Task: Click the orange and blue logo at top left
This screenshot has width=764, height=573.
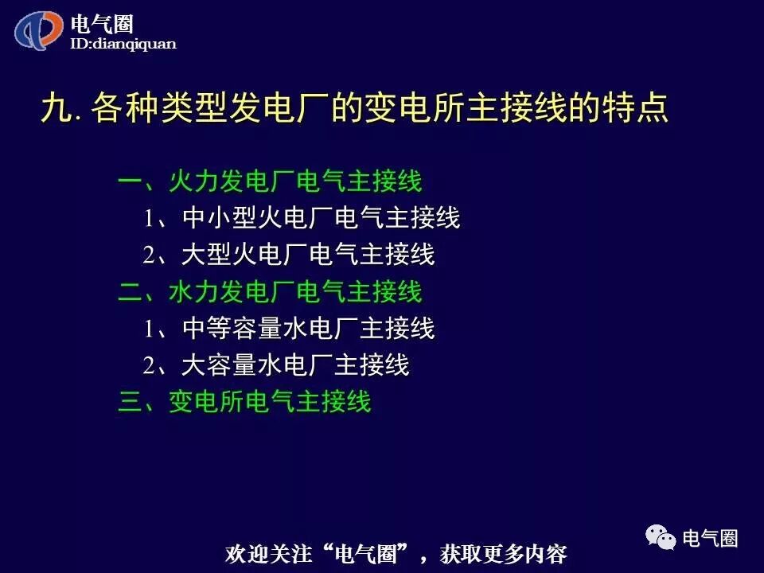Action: click(39, 31)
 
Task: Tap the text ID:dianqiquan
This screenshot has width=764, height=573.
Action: click(123, 45)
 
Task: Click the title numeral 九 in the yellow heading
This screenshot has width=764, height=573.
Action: click(55, 109)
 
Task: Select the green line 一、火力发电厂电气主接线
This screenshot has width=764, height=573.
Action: click(270, 181)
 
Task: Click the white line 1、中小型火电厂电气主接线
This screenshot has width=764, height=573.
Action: click(302, 218)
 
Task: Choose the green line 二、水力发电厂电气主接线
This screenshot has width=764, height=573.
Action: click(270, 292)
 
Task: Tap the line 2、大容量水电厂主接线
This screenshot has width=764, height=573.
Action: click(276, 365)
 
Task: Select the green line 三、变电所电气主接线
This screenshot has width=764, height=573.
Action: click(244, 402)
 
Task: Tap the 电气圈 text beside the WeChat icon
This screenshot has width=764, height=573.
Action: click(711, 538)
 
